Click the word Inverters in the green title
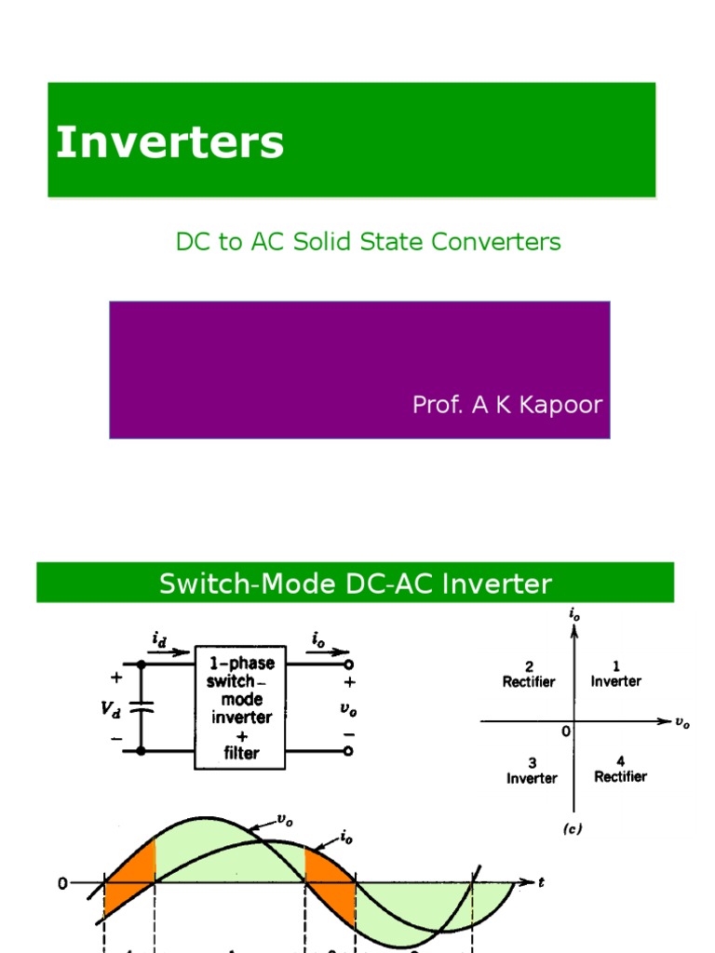169,143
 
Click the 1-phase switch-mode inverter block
240,708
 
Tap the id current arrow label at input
160,638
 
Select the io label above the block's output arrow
319,638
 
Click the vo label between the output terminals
348,708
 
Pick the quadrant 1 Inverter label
615,675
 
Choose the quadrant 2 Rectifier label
529,675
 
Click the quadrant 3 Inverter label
532,771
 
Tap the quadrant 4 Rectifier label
620,770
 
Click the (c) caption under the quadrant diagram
573,829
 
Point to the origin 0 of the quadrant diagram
565,732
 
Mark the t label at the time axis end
541,882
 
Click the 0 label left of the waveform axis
62,883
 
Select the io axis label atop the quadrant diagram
574,614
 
